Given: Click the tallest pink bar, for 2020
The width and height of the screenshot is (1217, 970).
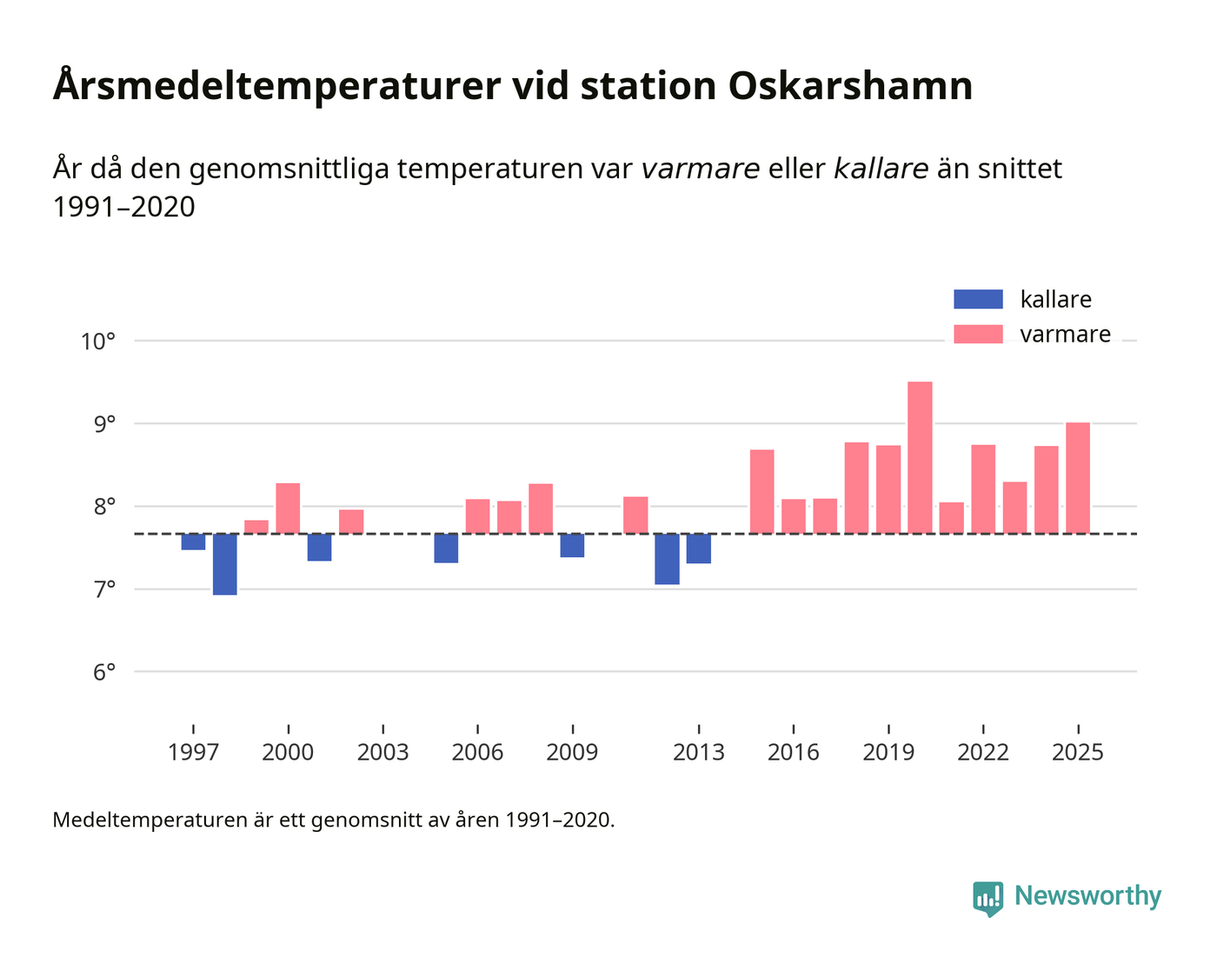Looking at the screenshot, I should [x=920, y=457].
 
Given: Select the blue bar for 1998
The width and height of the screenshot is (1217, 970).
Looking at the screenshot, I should [x=225, y=564].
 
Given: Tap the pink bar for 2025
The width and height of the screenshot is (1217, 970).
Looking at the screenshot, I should [x=1078, y=478].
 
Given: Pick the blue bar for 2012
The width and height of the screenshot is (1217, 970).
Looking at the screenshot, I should [x=667, y=559].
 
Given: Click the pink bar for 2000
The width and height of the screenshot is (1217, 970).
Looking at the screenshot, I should [x=288, y=508].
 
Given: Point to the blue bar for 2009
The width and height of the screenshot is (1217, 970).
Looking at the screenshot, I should [x=572, y=545].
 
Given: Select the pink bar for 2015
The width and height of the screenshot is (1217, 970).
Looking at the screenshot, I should [x=761, y=491].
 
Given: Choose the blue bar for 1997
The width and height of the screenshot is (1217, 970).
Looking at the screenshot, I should [x=193, y=541].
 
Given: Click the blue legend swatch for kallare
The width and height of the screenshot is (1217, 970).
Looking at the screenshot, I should [x=978, y=299].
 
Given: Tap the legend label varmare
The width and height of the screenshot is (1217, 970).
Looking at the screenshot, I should [x=1065, y=335].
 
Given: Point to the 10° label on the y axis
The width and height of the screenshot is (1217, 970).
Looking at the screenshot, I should [x=98, y=342].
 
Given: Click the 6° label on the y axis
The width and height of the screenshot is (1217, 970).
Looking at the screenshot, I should [x=98, y=672].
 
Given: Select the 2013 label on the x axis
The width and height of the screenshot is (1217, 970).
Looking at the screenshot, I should [x=698, y=753].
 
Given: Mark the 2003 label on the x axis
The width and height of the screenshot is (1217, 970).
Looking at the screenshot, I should [x=382, y=753].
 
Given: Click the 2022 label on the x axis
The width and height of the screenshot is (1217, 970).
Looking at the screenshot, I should [x=982, y=753].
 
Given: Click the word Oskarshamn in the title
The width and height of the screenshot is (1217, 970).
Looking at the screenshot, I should [x=850, y=86].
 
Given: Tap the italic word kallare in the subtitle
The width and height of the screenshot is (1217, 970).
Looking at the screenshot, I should [x=881, y=169].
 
